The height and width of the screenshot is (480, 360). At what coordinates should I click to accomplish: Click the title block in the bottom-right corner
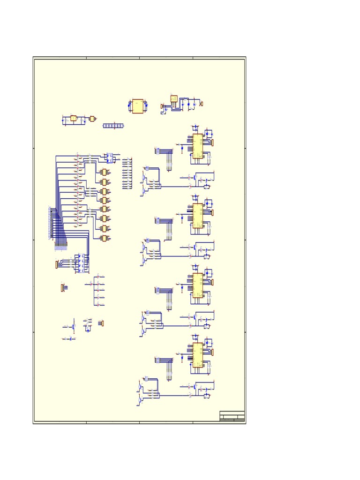(232, 416)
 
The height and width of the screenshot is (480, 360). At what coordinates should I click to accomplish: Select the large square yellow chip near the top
(138, 106)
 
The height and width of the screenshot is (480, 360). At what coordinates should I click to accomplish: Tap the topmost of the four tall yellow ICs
(198, 146)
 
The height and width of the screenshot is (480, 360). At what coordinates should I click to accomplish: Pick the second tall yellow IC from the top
(198, 215)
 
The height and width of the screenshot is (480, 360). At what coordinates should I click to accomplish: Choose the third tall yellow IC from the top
(198, 285)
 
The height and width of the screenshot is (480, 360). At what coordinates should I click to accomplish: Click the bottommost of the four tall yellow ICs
(198, 355)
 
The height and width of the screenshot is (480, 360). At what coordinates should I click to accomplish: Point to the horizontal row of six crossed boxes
(113, 126)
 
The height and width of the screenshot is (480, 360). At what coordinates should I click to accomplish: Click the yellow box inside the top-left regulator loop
(73, 118)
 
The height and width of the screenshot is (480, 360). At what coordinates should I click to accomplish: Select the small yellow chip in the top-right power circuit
(174, 99)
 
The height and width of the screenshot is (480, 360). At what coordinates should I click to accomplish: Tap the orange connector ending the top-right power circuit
(201, 104)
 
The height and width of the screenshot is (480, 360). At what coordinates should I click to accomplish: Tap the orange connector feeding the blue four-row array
(57, 265)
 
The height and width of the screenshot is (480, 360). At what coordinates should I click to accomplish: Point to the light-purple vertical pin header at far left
(50, 223)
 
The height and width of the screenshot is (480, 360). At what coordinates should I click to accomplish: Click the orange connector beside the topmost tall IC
(212, 142)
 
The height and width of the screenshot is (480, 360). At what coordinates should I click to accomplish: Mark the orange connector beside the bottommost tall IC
(212, 352)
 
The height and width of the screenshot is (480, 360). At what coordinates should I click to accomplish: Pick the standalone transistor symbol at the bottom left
(73, 326)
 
